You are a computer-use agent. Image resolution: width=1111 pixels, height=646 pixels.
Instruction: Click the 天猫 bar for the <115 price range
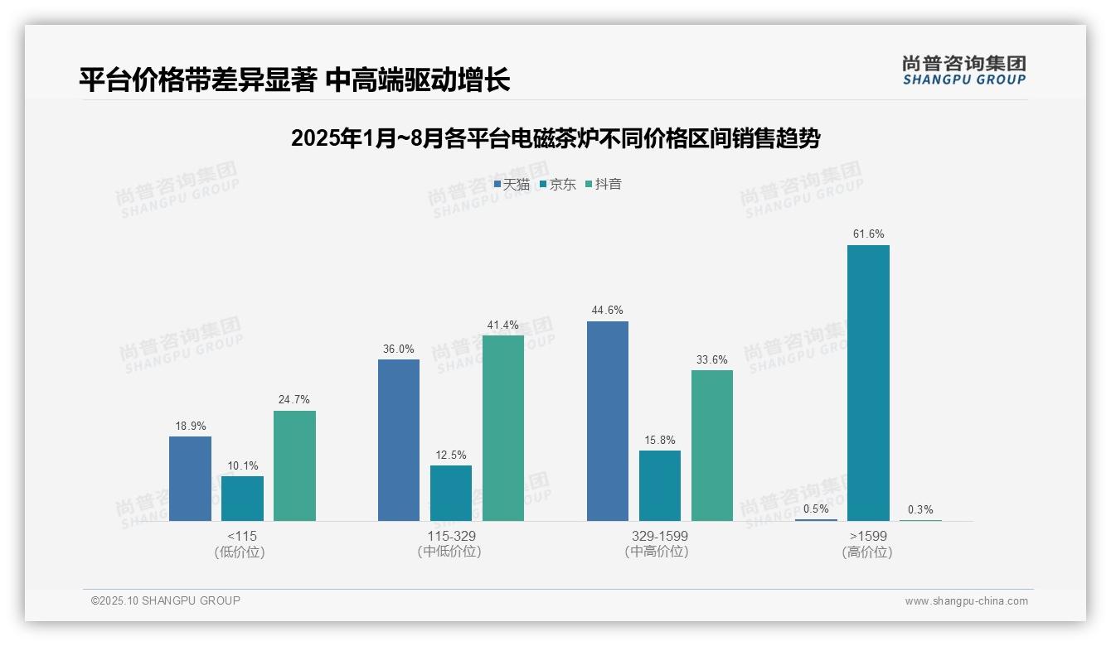tap(190, 479)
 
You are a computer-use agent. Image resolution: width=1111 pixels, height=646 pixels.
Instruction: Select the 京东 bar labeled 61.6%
tap(868, 383)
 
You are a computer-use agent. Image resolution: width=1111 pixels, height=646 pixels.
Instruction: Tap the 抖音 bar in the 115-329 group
tap(503, 428)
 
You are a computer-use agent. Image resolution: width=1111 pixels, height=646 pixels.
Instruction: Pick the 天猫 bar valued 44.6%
tap(608, 421)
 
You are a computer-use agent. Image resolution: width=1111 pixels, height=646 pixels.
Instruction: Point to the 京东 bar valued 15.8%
tap(660, 485)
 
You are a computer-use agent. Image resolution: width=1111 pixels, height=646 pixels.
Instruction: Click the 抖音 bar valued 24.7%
tap(294, 465)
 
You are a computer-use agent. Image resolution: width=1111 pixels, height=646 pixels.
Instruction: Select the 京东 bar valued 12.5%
tap(451, 493)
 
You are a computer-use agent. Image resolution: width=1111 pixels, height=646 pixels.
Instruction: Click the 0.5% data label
tap(816, 509)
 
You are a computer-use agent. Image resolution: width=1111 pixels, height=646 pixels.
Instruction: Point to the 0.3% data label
tap(920, 510)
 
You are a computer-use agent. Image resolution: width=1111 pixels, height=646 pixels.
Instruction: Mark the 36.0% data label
tap(398, 350)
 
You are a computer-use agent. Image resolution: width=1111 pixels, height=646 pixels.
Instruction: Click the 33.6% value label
tap(712, 360)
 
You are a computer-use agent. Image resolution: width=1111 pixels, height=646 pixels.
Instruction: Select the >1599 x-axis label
tap(868, 536)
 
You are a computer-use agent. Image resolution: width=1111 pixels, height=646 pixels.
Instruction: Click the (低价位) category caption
tap(240, 552)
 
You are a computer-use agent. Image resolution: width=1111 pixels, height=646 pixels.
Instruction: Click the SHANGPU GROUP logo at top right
tap(964, 70)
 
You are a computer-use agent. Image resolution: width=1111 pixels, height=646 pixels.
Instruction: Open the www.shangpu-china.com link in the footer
tap(966, 601)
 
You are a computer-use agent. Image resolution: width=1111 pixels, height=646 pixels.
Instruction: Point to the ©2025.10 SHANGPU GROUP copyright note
tap(166, 600)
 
